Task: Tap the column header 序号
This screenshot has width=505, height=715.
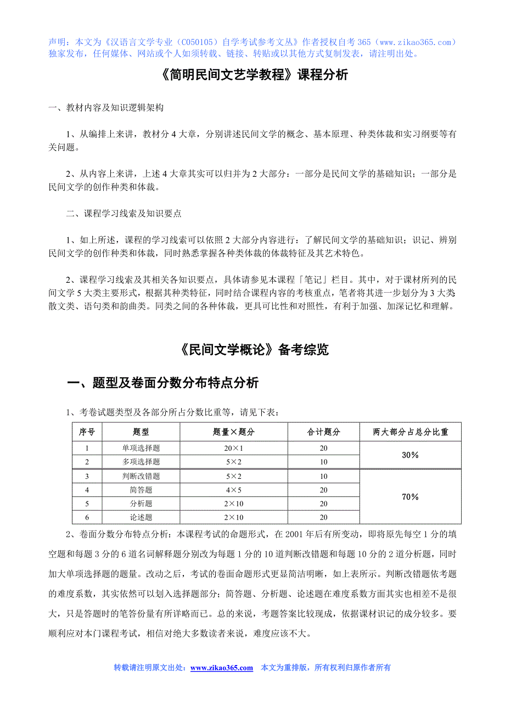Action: coord(87,432)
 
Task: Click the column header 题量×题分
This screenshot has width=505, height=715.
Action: coord(234,432)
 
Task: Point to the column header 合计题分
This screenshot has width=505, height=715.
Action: coord(323,432)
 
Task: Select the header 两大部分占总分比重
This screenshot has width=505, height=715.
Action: coord(410,432)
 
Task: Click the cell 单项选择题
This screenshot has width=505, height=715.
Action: coord(141,448)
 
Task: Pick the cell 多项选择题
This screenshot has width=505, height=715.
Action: coord(141,462)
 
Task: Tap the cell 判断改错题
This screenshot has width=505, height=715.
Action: coord(141,476)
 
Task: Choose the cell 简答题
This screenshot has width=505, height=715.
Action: coord(141,490)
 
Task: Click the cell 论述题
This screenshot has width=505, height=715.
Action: coord(141,517)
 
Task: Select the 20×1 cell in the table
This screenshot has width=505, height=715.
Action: coord(234,448)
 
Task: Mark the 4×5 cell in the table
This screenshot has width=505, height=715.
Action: coord(234,490)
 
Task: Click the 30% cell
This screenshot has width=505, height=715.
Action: coord(410,455)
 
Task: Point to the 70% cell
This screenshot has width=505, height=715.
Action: coord(410,497)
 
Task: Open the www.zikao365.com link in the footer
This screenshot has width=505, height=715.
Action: coord(222,668)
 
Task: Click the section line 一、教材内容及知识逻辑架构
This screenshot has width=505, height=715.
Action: coord(106,108)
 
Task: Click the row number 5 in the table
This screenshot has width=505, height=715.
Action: coord(87,504)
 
